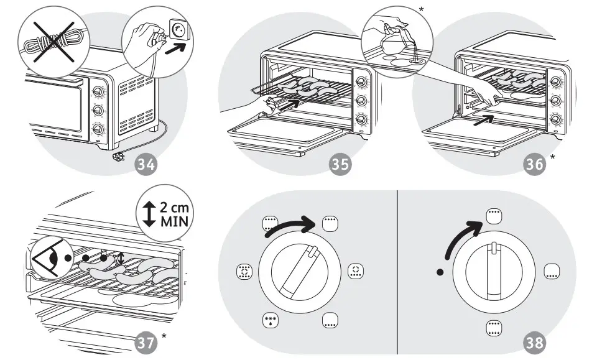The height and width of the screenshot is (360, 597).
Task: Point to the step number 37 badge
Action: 147,340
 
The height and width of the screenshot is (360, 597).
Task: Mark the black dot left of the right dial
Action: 440,272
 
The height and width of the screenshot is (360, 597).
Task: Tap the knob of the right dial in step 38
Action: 493,271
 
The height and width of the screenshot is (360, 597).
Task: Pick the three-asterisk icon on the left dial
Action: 271,321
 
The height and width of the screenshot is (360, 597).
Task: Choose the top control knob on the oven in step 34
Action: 98,92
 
